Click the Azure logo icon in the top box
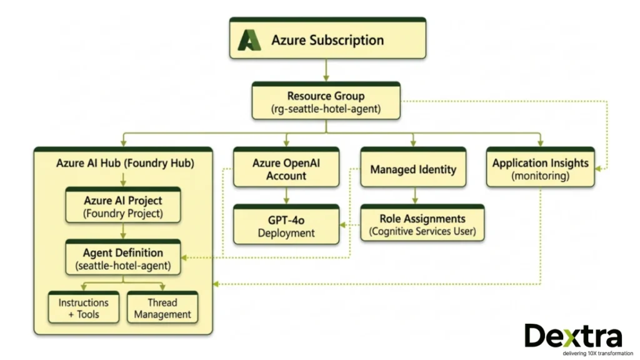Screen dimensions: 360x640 pos(249,40)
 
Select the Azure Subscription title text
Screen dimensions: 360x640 pos(327,40)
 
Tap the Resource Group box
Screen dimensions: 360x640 pos(326,102)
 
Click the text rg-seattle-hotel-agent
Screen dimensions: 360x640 pos(326,109)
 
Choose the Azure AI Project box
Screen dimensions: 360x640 pos(123,206)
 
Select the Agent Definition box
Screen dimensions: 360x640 pos(123,259)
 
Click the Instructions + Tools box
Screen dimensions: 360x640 pos(84,308)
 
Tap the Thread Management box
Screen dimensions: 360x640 pos(162,308)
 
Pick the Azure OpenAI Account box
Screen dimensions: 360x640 pos(286,169)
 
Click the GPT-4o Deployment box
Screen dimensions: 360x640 pos(286,226)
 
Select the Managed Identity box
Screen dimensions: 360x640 pos(413,169)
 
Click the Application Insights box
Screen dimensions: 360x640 pos(540,169)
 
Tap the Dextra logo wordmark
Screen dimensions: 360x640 pos(573,337)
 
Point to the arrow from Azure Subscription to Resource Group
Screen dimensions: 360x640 pos(326,70)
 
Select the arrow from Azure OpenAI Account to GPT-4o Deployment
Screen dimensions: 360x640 pos(286,196)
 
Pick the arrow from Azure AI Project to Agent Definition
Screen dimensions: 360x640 pos(123,232)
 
